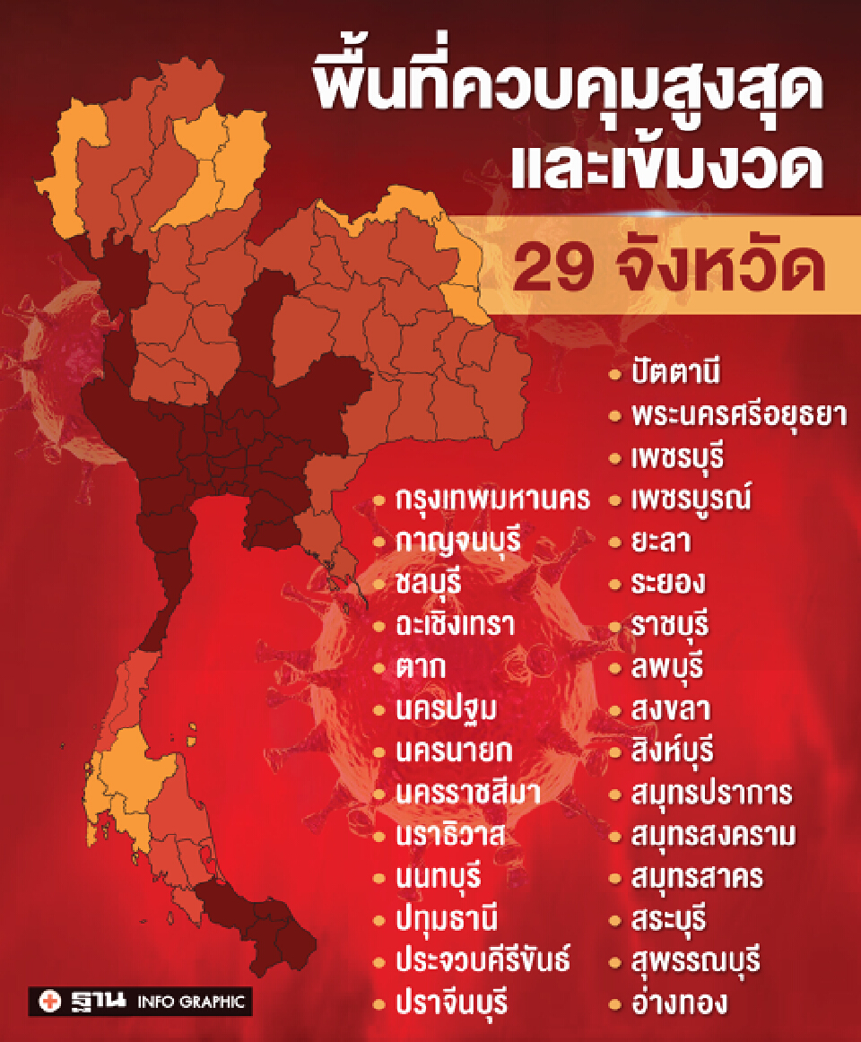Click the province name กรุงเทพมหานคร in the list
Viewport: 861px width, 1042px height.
[493, 500]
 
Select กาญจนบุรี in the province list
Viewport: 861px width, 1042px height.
[458, 543]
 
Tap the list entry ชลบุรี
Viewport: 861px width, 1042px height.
[428, 584]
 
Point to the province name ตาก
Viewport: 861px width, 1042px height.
[421, 667]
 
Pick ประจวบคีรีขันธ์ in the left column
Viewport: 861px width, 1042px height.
[483, 960]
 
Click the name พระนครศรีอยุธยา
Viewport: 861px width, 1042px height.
[738, 416]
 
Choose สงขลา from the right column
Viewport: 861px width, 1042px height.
[671, 709]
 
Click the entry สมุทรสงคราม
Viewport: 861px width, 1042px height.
[712, 835]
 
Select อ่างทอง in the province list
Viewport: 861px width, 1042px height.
[678, 1002]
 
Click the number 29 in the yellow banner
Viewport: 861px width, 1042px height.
[548, 267]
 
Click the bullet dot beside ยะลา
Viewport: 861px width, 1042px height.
[614, 543]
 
